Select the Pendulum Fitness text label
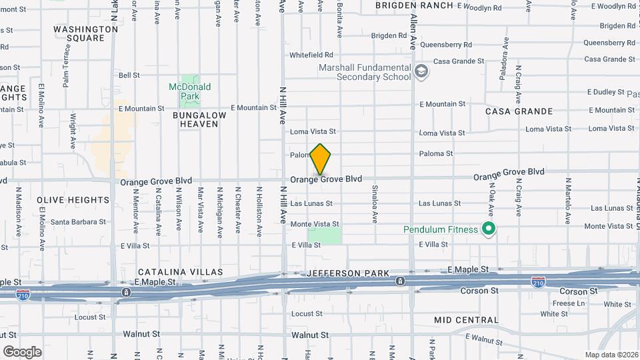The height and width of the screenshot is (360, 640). (441, 230)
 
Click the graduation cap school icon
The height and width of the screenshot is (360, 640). (421, 71)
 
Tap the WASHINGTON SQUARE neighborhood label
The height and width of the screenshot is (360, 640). (85, 33)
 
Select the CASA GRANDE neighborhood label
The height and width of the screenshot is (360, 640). (519, 111)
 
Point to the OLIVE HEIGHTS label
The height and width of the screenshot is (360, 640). (73, 200)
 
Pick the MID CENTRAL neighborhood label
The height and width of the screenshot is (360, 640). (466, 320)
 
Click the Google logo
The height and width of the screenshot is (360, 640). (22, 351)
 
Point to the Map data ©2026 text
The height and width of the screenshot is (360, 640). (611, 355)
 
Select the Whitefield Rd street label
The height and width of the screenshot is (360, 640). (311, 55)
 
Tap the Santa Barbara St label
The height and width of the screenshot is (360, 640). (79, 222)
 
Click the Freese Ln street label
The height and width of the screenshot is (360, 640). (569, 303)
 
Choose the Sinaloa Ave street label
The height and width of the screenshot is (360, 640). (375, 204)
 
